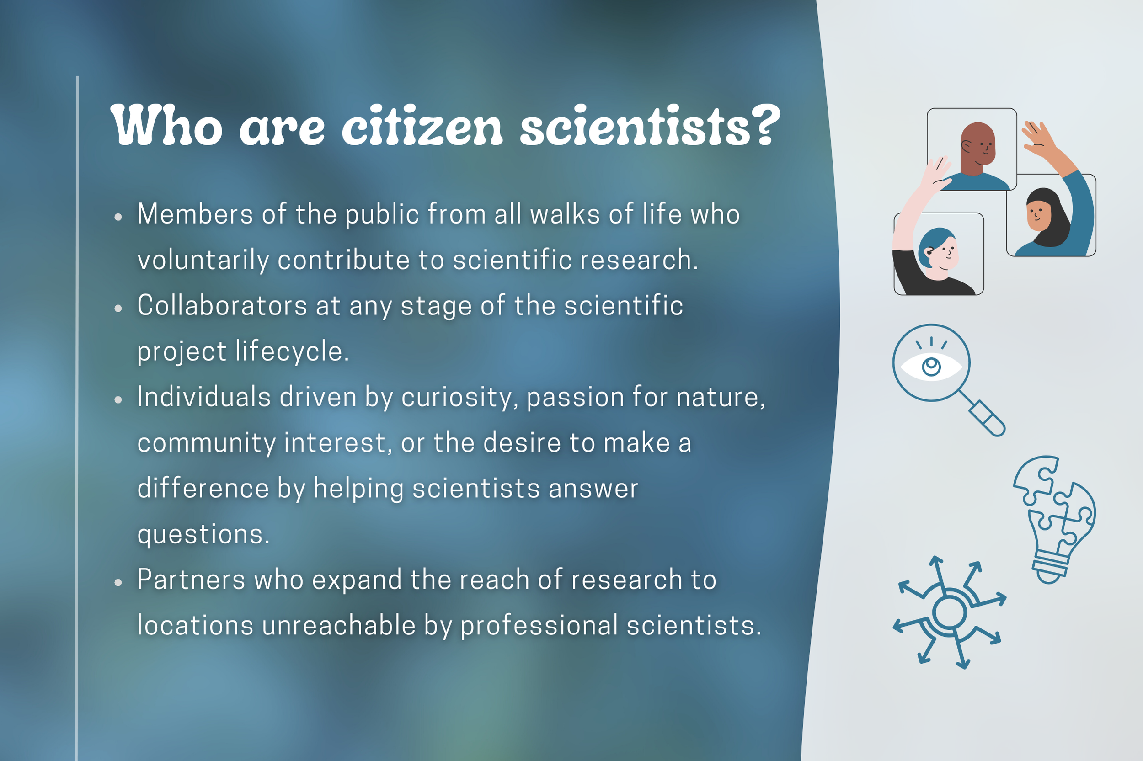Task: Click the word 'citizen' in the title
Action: pos(422,126)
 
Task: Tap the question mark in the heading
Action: pos(765,125)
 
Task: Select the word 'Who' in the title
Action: pos(166,125)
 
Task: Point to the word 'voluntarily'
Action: pos(203,260)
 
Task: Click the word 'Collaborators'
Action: pos(222,306)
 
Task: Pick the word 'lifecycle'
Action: pos(292,351)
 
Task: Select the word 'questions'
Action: pos(203,535)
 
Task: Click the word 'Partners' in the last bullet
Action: pos(191,580)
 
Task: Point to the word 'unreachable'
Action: pos(339,625)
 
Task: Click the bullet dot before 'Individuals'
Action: pos(118,399)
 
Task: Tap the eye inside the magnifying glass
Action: pos(931,367)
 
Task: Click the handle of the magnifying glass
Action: pos(987,418)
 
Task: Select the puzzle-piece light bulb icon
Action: pos(1055,519)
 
